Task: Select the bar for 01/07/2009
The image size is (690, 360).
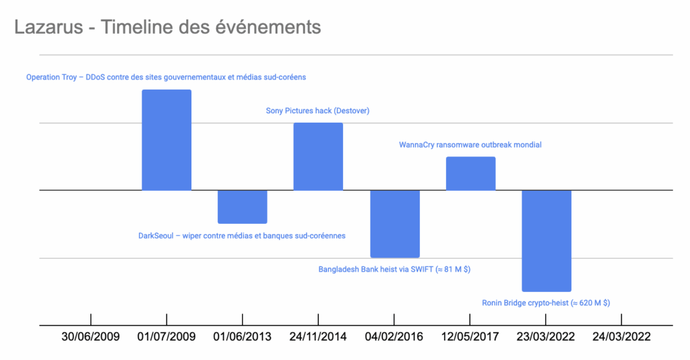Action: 166,140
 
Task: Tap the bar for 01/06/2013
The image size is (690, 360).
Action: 243,206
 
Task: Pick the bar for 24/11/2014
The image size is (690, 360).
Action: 318,156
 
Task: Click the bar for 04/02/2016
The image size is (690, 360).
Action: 395,223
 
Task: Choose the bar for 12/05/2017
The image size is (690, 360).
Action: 470,173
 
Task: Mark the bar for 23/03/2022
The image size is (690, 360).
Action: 546,240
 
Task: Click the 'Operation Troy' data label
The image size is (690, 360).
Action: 166,78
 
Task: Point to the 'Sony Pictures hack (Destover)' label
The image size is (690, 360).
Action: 318,111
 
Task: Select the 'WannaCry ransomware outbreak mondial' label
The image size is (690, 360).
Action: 470,144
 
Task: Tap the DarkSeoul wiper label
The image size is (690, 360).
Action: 242,236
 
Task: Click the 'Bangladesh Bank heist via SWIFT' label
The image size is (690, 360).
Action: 394,270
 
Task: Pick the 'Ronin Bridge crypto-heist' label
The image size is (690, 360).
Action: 546,303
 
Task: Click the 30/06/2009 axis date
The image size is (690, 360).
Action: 90,336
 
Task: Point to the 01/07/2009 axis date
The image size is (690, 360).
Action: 166,336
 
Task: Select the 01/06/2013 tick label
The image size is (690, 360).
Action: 243,336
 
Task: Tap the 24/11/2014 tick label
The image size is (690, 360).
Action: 318,336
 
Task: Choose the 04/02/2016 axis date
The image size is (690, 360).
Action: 394,336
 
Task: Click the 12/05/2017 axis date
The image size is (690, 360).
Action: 470,336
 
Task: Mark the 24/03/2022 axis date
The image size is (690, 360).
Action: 622,336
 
